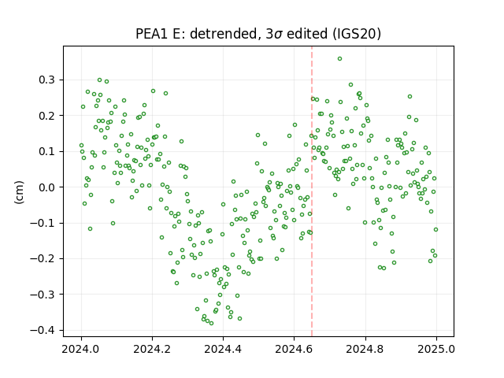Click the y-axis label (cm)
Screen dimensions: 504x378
click(19, 192)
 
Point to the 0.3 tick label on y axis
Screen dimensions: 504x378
click(47, 80)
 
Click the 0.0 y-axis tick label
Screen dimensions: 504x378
click(47, 187)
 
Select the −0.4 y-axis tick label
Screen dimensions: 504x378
click(43, 330)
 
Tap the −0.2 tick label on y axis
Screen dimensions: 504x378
click(43, 259)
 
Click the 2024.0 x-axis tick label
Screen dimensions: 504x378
click(81, 349)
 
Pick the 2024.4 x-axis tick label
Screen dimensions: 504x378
click(223, 349)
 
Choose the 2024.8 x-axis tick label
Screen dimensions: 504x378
click(365, 349)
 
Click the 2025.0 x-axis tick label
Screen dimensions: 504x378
click(436, 349)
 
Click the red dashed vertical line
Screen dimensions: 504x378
click(312, 191)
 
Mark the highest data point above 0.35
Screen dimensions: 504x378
click(339, 59)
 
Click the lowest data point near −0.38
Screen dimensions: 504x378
click(211, 323)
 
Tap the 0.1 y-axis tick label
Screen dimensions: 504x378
click(47, 151)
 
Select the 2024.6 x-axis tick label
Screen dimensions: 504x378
click(294, 349)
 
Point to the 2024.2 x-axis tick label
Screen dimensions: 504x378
click(152, 349)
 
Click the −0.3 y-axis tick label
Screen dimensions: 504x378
click(43, 295)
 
